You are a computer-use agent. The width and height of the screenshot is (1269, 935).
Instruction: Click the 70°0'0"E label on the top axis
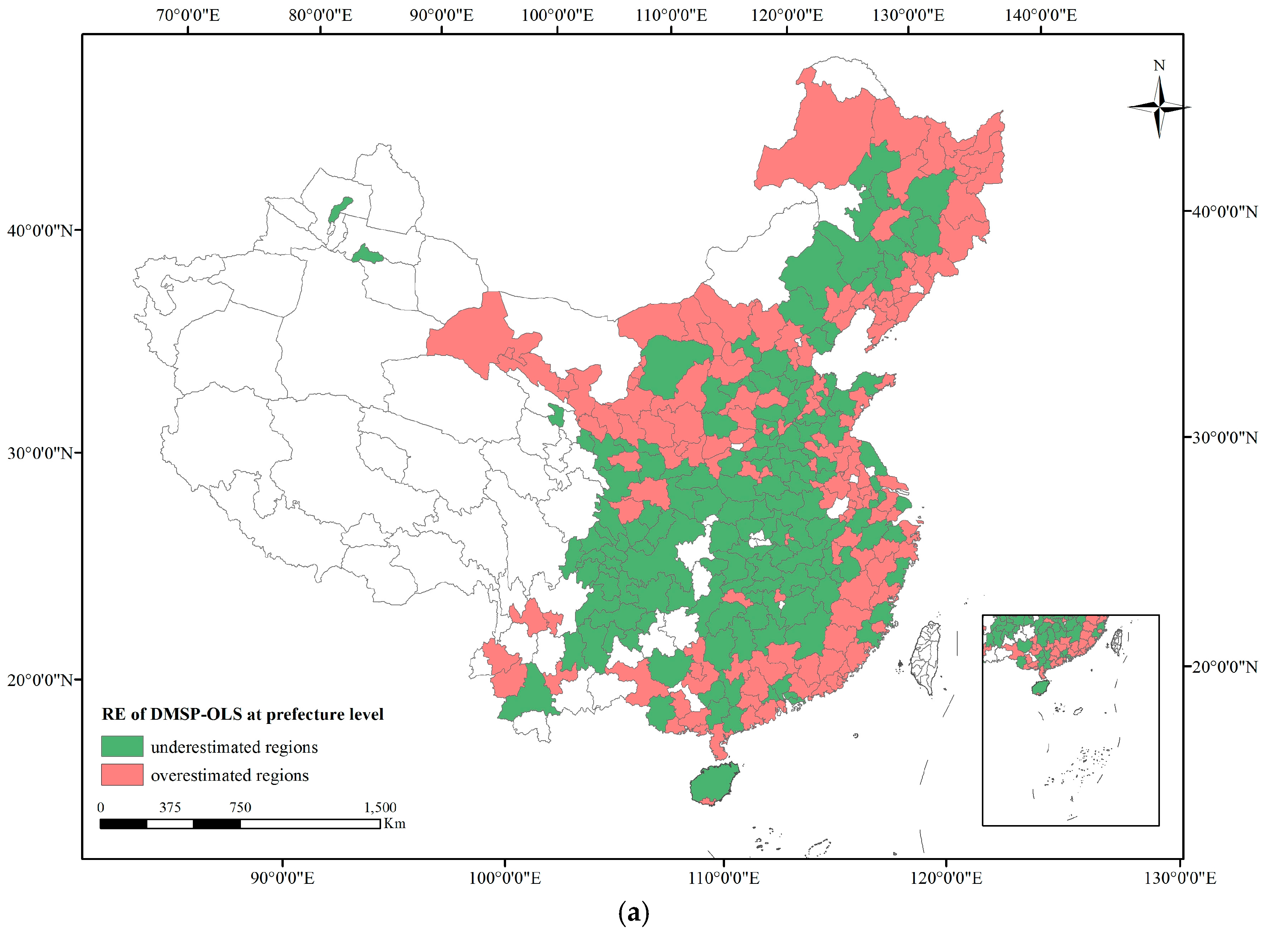pos(188,15)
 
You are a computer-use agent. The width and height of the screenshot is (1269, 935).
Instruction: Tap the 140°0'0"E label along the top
pos(1041,15)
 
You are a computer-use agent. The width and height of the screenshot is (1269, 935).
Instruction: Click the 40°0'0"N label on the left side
pos(40,230)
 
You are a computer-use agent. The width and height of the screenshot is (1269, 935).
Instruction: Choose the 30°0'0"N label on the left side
pos(40,453)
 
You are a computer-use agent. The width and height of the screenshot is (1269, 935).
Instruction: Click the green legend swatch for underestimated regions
pos(122,746)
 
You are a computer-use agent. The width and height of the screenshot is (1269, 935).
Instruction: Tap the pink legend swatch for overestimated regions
pos(122,774)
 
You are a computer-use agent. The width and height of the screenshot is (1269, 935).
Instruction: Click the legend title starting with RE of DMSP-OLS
pos(242,714)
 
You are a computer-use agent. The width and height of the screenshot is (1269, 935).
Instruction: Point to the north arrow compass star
pos(1159,106)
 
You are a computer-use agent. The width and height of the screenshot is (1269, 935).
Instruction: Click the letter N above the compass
pos(1159,66)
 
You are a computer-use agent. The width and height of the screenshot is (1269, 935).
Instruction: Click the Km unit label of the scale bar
pos(394,824)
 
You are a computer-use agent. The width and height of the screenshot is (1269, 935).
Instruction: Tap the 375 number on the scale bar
pos(170,807)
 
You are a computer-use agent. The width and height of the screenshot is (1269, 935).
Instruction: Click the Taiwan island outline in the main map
pos(925,656)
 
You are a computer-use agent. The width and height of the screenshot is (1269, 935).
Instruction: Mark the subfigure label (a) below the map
pos(634,912)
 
